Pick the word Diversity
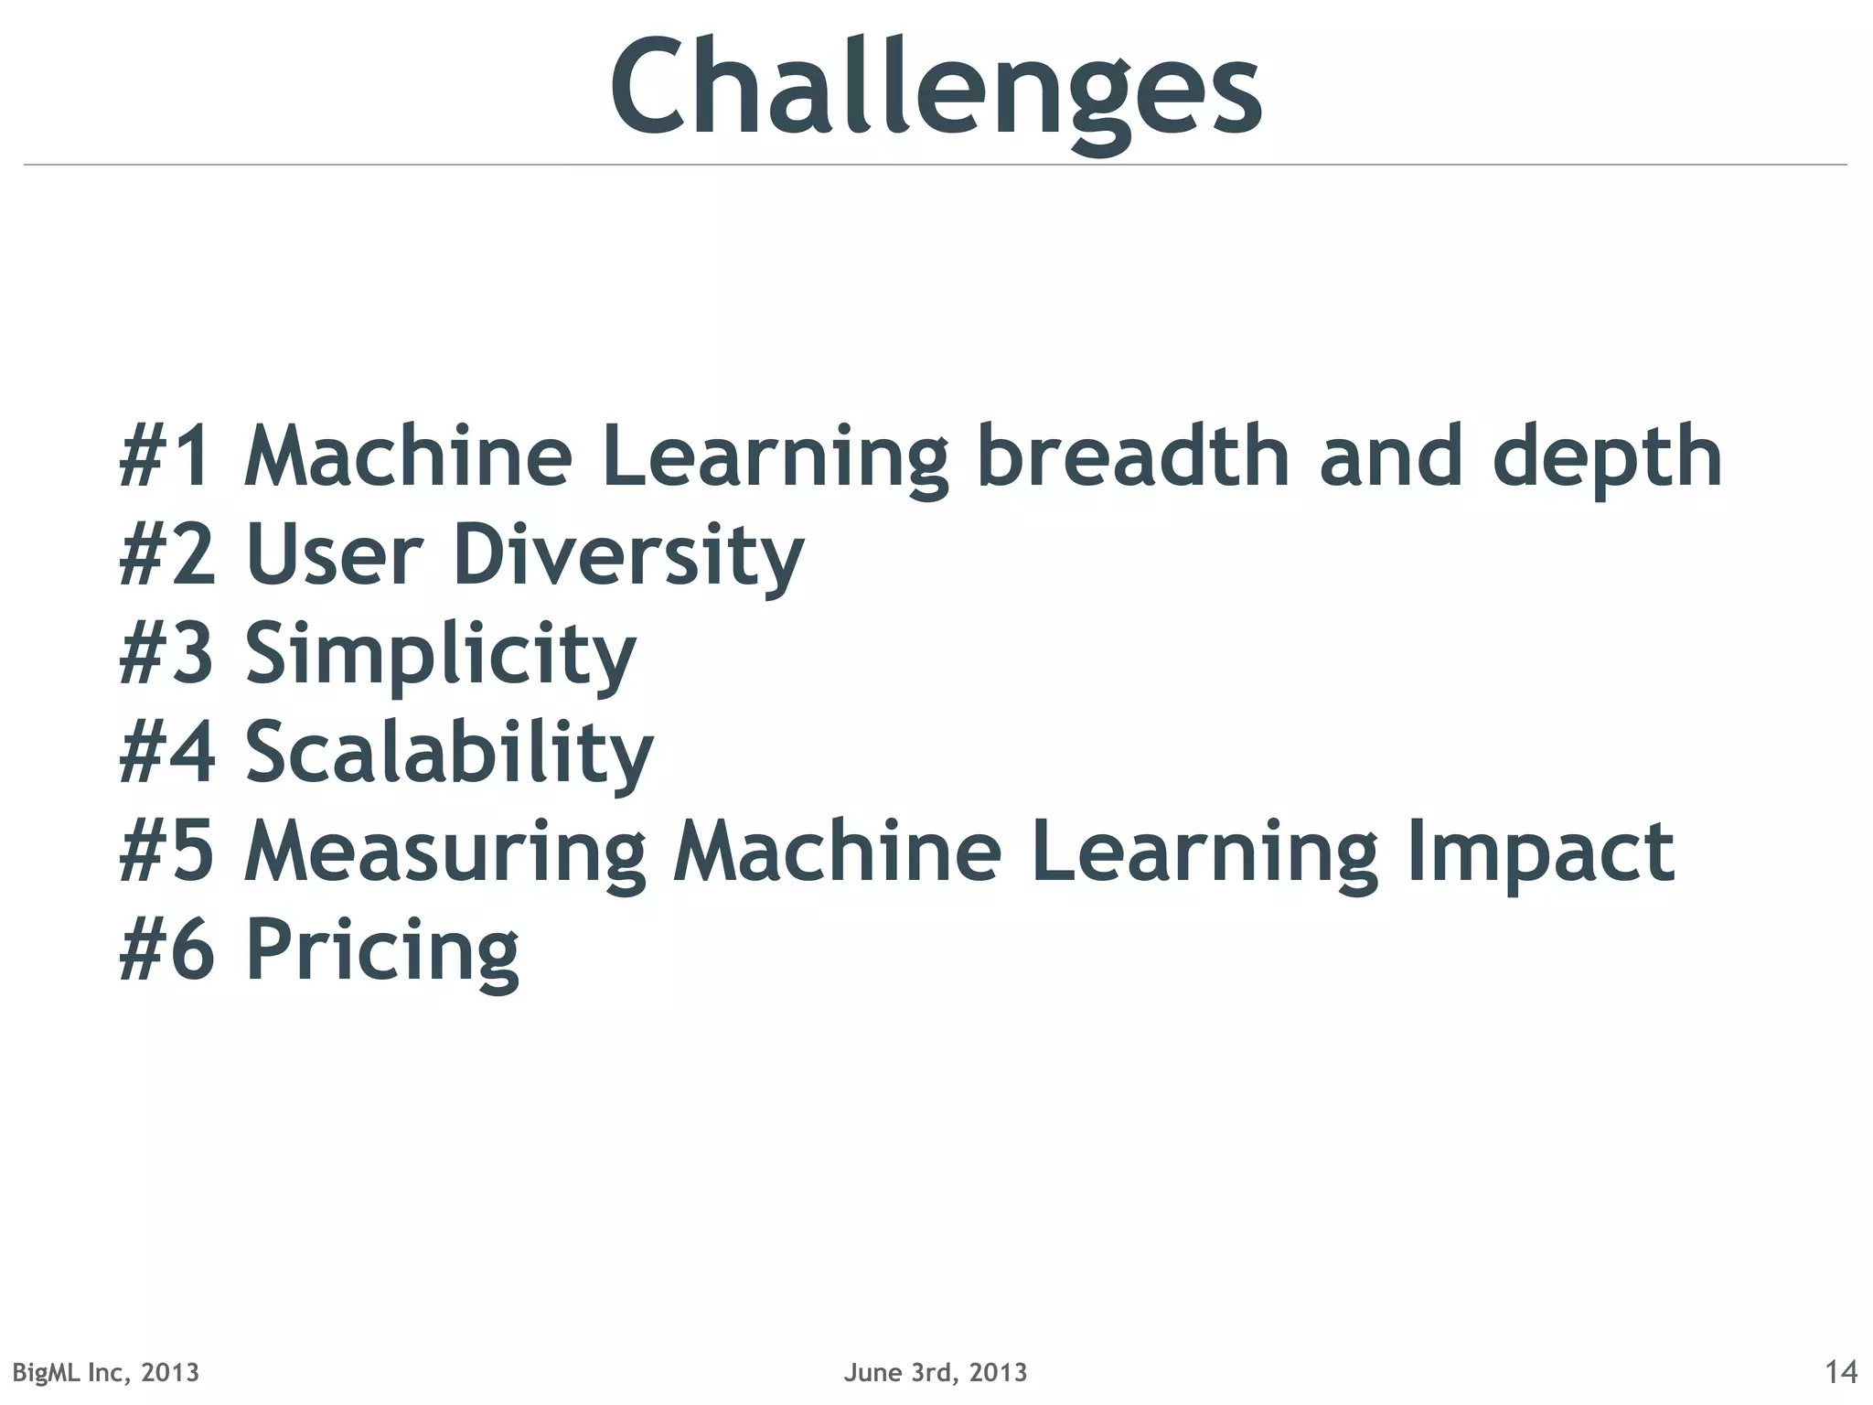[x=628, y=556]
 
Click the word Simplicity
[x=440, y=655]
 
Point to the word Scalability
[x=449, y=754]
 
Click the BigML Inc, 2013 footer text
[x=105, y=1372]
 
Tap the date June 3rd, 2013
[x=936, y=1372]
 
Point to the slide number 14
[x=1840, y=1372]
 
